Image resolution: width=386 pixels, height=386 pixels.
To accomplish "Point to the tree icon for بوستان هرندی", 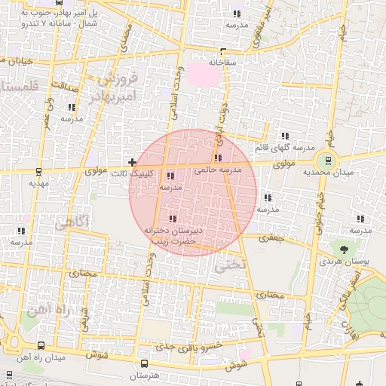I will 345,248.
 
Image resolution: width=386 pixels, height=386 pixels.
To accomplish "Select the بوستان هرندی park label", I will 344,262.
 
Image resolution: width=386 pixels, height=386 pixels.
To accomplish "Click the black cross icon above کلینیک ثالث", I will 133,162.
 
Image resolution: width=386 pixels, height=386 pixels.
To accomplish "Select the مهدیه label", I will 38,182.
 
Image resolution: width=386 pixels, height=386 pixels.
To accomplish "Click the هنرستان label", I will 143,375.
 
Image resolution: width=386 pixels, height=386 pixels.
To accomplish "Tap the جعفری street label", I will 270,237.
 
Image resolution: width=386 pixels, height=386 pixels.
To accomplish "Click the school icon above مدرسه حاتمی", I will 218,158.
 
